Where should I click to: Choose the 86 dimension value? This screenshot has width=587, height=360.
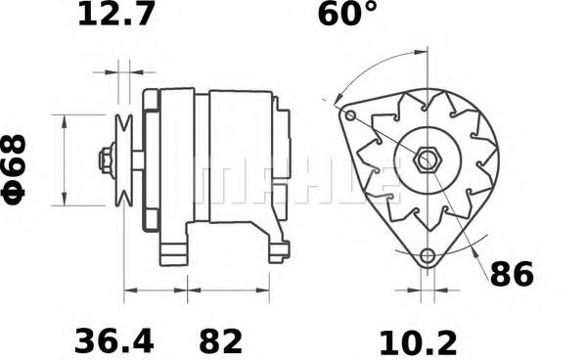[x=512, y=275]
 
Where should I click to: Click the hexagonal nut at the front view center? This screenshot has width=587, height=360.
[x=427, y=159]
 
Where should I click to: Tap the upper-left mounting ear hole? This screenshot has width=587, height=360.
[x=349, y=115]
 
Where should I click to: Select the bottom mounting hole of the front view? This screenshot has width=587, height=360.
[x=426, y=257]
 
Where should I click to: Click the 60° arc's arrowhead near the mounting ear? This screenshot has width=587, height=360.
[x=337, y=100]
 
